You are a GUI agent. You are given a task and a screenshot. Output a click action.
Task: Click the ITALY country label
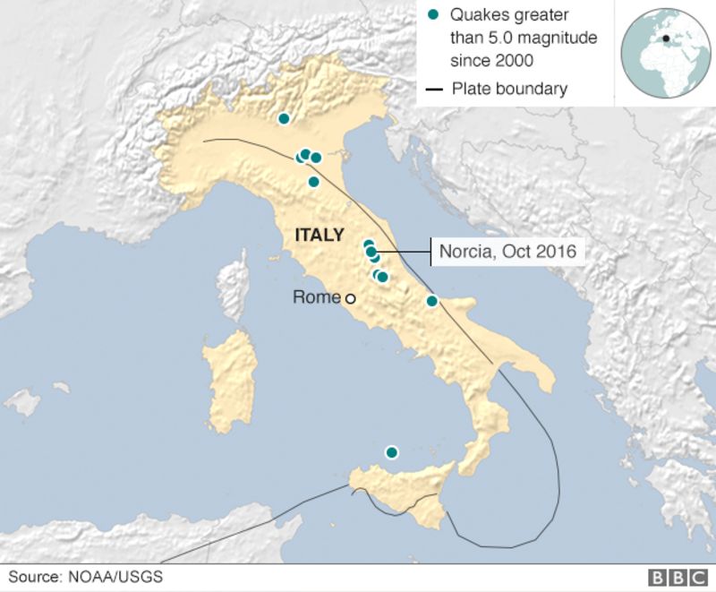[318, 236]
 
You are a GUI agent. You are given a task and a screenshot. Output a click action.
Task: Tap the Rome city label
[316, 297]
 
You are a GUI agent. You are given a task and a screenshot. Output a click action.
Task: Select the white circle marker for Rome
[351, 299]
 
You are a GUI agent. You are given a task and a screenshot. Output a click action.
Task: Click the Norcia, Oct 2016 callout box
[508, 252]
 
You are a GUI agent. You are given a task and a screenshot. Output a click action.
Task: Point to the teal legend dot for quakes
[434, 15]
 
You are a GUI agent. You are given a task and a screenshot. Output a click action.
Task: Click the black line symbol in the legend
[435, 89]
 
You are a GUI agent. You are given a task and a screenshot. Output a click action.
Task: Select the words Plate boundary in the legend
[509, 88]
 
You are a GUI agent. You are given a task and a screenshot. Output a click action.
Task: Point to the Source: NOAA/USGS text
[86, 578]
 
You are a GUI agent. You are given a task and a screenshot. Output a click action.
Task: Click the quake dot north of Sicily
[391, 452]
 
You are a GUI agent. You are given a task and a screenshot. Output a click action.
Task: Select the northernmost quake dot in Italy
[284, 118]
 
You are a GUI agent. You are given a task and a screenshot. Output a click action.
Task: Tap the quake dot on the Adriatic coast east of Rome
[432, 301]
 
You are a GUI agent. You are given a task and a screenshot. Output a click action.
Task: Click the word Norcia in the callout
[464, 252]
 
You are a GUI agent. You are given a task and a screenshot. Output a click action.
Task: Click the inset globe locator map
[665, 53]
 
